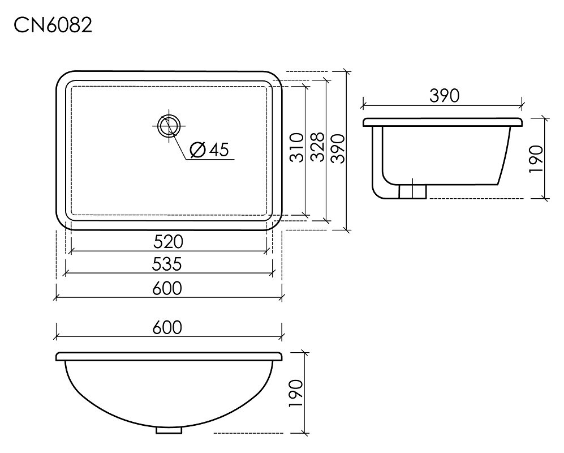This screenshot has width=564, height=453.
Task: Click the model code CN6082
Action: coord(53,25)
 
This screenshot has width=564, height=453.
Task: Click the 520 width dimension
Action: coord(168,242)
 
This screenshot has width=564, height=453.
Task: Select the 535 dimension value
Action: coord(167,264)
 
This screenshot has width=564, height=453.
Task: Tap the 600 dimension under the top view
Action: coord(167,288)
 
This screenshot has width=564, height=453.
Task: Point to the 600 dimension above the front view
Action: coord(167,328)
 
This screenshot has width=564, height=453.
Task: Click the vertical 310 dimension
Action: coord(297,148)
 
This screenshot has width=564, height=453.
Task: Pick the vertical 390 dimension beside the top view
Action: coord(338,149)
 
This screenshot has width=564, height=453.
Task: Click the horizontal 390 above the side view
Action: coord(444,96)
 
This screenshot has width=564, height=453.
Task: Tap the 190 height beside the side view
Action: coord(536,159)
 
